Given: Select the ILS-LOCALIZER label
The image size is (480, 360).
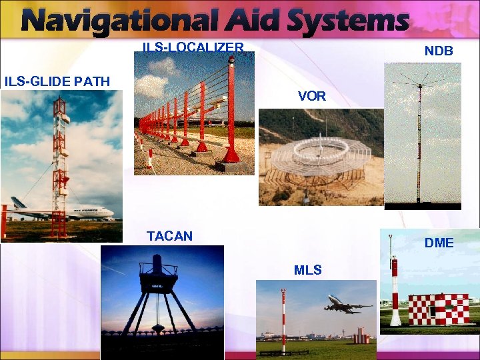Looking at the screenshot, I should (193, 47).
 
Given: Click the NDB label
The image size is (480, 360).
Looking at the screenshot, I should (439, 51).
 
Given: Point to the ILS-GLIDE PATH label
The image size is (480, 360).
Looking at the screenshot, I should (57, 81).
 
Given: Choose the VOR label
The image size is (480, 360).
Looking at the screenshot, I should (312, 96).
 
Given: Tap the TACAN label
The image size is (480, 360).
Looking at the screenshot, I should (169, 235).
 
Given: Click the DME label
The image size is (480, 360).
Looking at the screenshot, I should (439, 243).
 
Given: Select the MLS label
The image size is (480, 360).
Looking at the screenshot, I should (307, 270).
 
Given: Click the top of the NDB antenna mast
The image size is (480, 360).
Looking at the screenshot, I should (419, 85).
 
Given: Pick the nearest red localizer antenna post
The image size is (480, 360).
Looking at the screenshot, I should (231, 113).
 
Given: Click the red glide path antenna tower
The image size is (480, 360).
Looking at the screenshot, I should (60, 167).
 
